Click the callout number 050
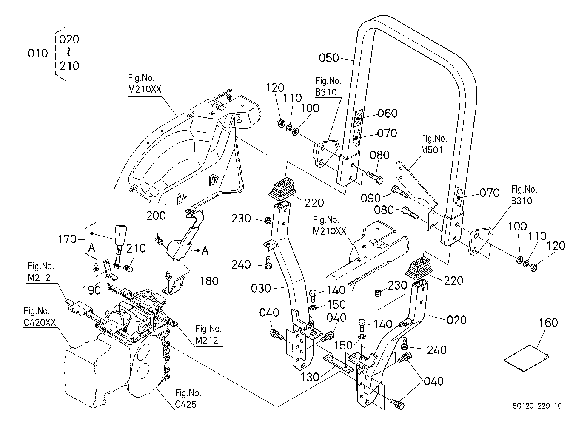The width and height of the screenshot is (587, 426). click(329, 58)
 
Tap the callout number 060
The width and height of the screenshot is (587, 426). click(388, 113)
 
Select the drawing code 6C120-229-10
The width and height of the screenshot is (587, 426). click(537, 406)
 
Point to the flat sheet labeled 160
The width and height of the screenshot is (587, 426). click(526, 358)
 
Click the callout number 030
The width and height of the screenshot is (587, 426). click(261, 288)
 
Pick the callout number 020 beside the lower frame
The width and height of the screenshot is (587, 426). click(456, 320)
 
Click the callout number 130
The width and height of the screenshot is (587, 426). click(310, 377)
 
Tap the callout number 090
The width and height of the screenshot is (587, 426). click(370, 198)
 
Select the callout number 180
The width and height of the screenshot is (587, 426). click(209, 281)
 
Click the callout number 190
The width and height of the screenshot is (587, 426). click(91, 290)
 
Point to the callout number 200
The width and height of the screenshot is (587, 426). click(156, 216)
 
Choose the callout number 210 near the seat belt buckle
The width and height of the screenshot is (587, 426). click(136, 248)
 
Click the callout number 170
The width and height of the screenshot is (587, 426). click(67, 239)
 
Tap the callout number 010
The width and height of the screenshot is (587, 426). click(38, 54)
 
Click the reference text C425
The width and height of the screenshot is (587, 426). click(185, 404)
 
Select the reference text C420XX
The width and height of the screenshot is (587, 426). click(40, 322)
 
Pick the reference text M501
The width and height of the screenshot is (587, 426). click(432, 150)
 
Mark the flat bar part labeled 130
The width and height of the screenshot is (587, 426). click(338, 364)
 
